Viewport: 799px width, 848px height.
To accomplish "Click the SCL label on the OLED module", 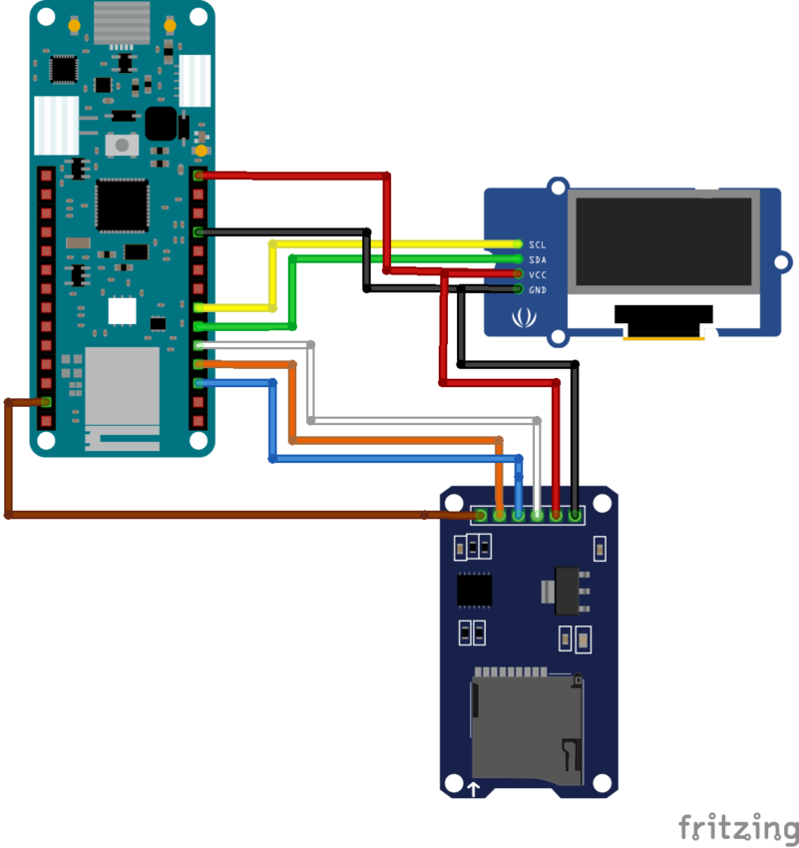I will click(x=537, y=244).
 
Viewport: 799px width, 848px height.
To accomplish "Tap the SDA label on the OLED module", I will click(x=537, y=259).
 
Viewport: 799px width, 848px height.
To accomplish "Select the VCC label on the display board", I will click(x=537, y=274).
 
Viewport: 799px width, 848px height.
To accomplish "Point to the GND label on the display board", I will click(x=537, y=289).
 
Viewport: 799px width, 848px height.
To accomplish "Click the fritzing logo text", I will click(x=737, y=827).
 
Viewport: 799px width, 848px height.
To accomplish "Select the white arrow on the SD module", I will click(x=474, y=789).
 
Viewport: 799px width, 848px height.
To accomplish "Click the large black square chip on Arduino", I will click(x=122, y=205).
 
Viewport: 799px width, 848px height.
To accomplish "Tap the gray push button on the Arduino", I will click(x=122, y=145).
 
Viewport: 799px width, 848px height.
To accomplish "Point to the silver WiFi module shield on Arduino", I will click(x=122, y=384).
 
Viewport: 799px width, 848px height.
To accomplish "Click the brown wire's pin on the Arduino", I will click(x=45, y=402).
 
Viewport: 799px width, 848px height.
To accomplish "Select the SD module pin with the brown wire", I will click(x=481, y=516).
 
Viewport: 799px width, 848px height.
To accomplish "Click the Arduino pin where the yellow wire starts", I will click(x=200, y=307).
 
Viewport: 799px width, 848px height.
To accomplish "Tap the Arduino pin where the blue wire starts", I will click(x=200, y=383).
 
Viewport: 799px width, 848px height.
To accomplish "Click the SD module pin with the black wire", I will click(x=576, y=516).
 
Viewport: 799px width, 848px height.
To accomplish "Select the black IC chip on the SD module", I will click(x=475, y=590).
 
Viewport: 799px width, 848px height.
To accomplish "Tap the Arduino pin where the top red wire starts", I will click(x=200, y=176).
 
